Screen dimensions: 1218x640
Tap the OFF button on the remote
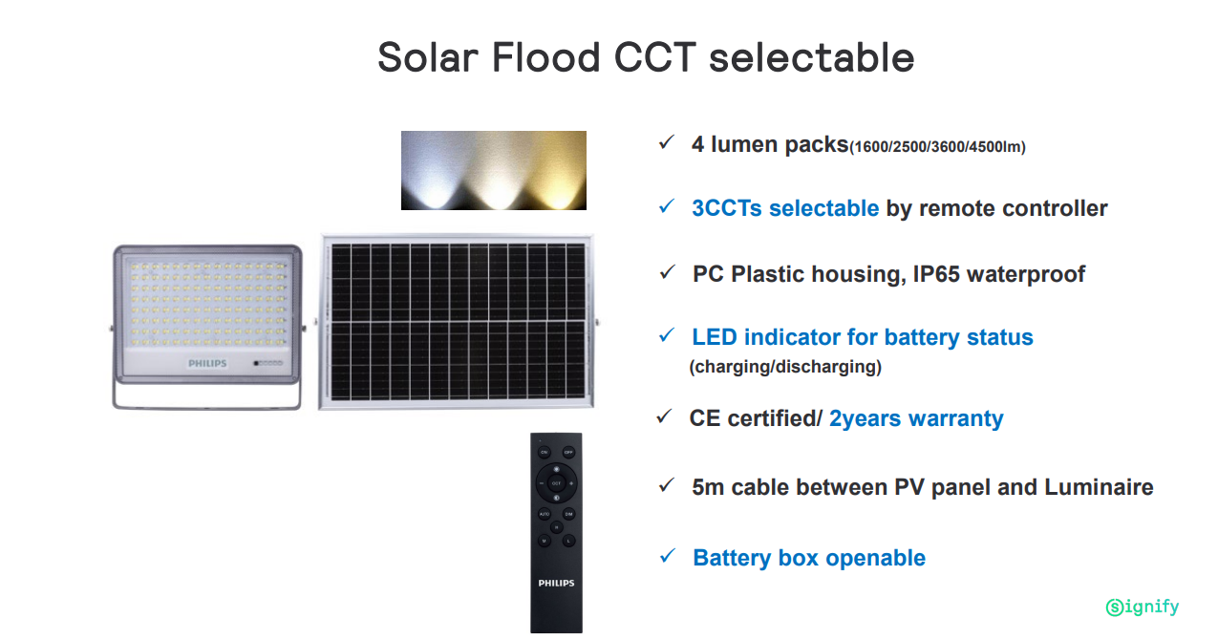pos(568,452)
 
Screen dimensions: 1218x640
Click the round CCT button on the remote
pos(556,482)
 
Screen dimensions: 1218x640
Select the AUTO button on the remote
pos(545,514)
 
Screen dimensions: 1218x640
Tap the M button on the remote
pos(545,541)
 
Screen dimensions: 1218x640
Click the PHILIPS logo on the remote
pos(556,583)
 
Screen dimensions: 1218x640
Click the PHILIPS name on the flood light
pos(207,363)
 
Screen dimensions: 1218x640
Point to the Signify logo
pos(1142,607)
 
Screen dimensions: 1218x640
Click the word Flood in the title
pos(545,57)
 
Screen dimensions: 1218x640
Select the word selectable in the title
pos(812,57)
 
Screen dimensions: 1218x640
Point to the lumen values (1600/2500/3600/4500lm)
pos(937,147)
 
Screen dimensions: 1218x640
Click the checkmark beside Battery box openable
pos(667,556)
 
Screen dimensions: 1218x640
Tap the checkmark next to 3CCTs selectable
pos(667,206)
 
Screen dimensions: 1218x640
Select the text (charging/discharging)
pos(785,367)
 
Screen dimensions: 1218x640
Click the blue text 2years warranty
pos(916,418)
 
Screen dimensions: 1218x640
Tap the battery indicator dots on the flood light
pos(268,363)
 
